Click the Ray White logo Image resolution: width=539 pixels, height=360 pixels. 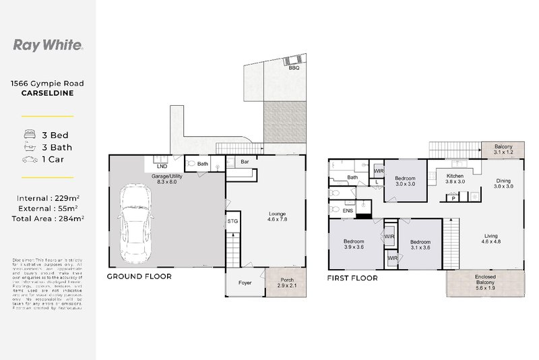tap(48, 45)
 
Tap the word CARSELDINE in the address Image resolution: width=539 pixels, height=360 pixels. tap(47, 94)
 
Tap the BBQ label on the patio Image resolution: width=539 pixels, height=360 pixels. tap(294, 68)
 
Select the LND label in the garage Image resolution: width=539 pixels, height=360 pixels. tap(162, 165)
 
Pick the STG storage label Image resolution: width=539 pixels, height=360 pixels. tap(232, 220)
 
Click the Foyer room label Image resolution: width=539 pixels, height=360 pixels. tap(245, 283)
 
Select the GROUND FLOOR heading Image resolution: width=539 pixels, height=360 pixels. tap(139, 276)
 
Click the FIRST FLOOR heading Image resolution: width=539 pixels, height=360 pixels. tap(352, 277)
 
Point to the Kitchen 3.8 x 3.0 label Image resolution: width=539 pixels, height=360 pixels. tap(456, 179)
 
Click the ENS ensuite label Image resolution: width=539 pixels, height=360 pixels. tap(348, 211)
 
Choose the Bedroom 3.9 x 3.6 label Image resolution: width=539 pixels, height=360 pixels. tap(354, 244)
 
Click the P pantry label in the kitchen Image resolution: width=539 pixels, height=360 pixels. tap(453, 198)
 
